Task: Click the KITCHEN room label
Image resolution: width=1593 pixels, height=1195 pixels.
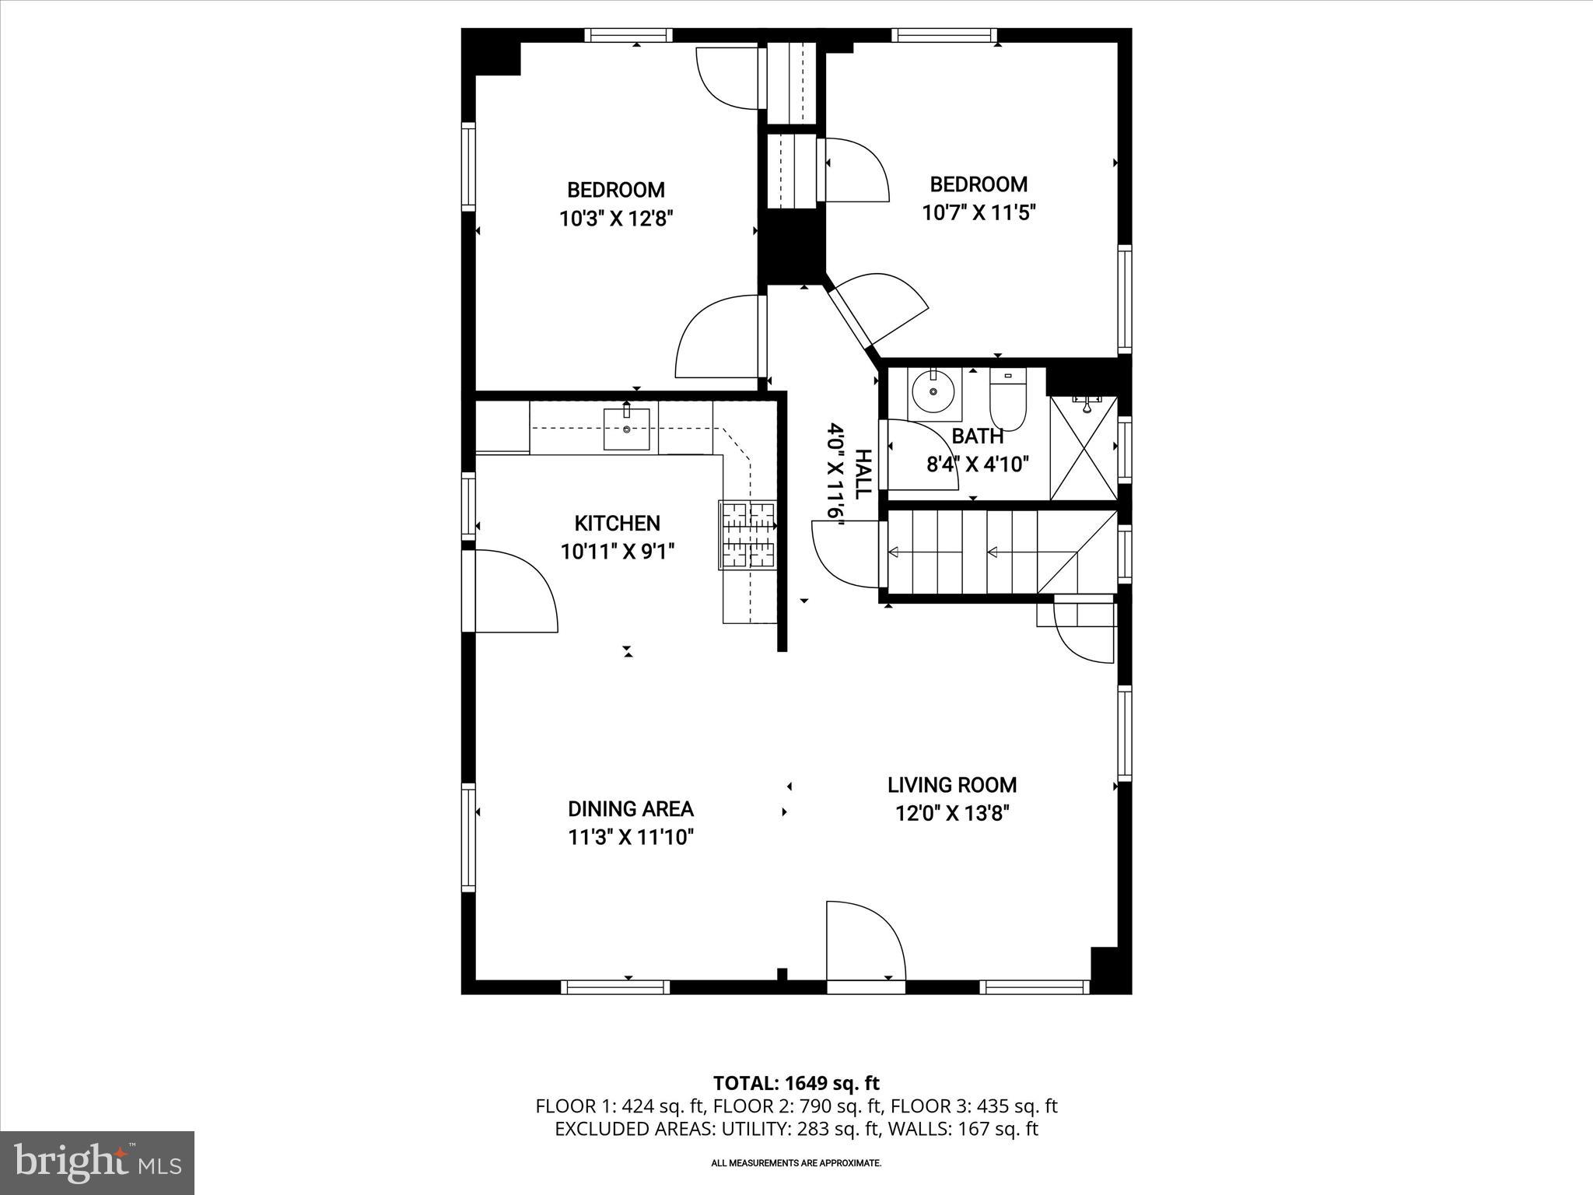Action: pyautogui.click(x=617, y=524)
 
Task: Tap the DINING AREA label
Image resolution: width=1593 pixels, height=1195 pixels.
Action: pyautogui.click(x=630, y=809)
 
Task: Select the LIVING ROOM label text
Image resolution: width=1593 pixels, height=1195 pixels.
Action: pyautogui.click(x=952, y=785)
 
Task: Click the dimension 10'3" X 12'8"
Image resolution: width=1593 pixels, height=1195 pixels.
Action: pyautogui.click(x=616, y=219)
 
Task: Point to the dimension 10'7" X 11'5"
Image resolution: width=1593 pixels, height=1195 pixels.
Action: pyautogui.click(x=979, y=212)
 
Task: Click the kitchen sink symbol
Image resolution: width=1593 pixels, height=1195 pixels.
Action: pyautogui.click(x=626, y=430)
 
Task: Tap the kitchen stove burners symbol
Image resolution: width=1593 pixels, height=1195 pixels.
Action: pyautogui.click(x=748, y=534)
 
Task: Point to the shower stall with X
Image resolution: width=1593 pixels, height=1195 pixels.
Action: pyautogui.click(x=1083, y=449)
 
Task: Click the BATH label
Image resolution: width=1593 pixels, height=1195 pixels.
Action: pyautogui.click(x=977, y=436)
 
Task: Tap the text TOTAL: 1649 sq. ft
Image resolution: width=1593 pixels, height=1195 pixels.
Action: pyautogui.click(x=796, y=1083)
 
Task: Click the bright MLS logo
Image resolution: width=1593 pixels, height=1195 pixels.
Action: pyautogui.click(x=97, y=1162)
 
